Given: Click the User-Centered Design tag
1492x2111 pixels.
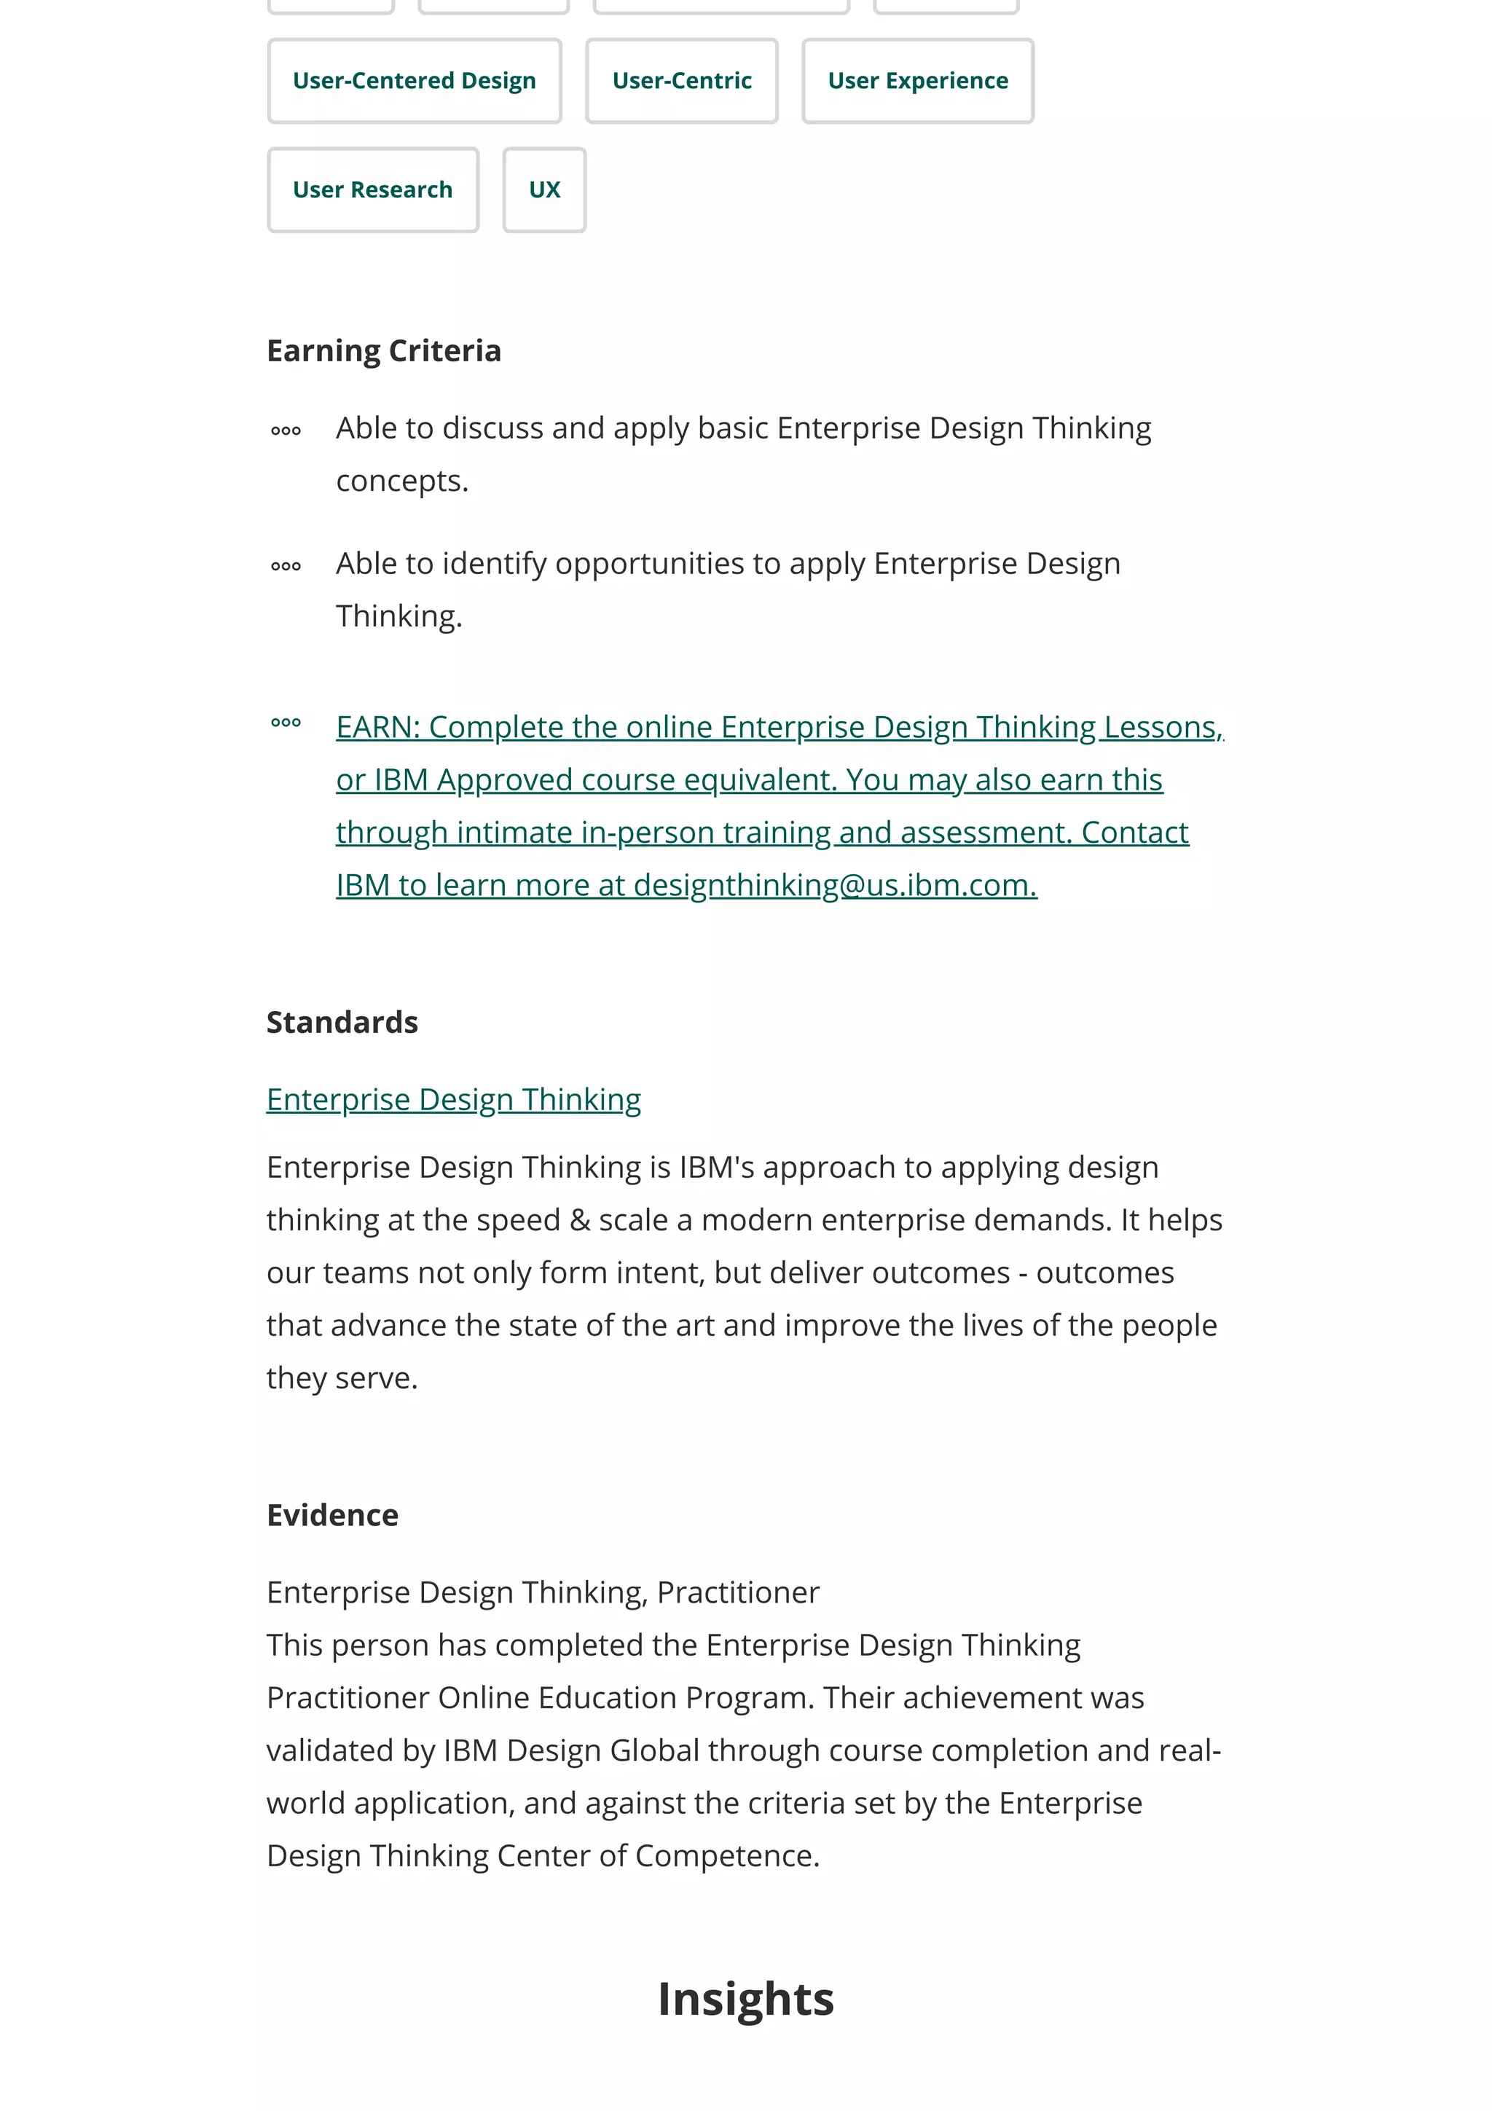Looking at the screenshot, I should pyautogui.click(x=414, y=81).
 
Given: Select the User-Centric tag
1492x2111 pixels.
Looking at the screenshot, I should pyautogui.click(x=681, y=81).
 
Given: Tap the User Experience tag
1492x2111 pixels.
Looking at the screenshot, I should pyautogui.click(x=916, y=81).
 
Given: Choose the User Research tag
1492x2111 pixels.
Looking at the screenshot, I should pyautogui.click(x=372, y=190).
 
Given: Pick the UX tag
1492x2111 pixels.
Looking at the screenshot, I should pyautogui.click(x=544, y=190).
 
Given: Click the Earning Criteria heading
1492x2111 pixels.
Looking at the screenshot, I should pyautogui.click(x=383, y=351).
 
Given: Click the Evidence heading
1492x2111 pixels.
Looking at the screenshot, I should pyautogui.click(x=332, y=1515).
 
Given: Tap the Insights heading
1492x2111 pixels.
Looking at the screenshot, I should pyautogui.click(x=745, y=1999).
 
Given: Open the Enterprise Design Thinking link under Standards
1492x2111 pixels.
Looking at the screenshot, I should pyautogui.click(x=453, y=1100).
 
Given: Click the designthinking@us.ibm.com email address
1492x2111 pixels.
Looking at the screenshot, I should pyautogui.click(x=834, y=885).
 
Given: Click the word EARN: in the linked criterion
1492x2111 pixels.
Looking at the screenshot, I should pyautogui.click(x=378, y=727).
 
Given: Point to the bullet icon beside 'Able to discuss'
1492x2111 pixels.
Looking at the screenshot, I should pyautogui.click(x=286, y=431).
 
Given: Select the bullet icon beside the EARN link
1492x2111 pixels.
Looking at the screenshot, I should pyautogui.click(x=286, y=723).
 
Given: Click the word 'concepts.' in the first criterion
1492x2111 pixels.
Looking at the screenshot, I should pyautogui.click(x=401, y=481).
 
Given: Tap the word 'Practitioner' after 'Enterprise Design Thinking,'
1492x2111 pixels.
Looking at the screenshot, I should pyautogui.click(x=737, y=1592).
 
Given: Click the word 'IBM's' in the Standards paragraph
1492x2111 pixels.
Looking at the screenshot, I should pyautogui.click(x=716, y=1168).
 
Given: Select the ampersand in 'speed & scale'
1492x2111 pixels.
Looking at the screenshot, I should pyautogui.click(x=579, y=1221).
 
